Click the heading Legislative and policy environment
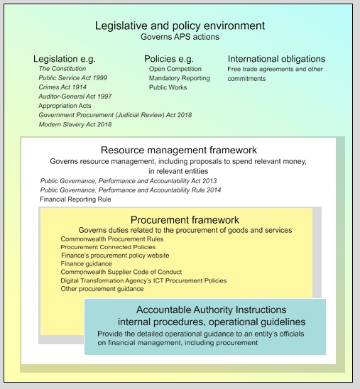pyautogui.click(x=180, y=26)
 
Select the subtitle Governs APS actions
pyautogui.click(x=180, y=37)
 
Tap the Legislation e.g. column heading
pyautogui.click(x=65, y=59)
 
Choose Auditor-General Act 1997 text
pyautogui.click(x=75, y=96)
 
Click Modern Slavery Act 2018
pyautogui.click(x=75, y=124)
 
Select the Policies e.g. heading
pyautogui.click(x=170, y=59)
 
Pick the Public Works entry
pyautogui.click(x=168, y=87)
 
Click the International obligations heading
pyautogui.click(x=276, y=59)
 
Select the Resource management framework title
pyautogui.click(x=178, y=150)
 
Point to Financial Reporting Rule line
pyautogui.click(x=76, y=199)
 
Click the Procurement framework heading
pyautogui.click(x=185, y=220)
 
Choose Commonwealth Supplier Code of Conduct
pyautogui.click(x=121, y=272)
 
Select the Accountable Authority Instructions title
pyautogui.click(x=212, y=310)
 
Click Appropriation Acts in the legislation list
pyautogui.click(x=66, y=105)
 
